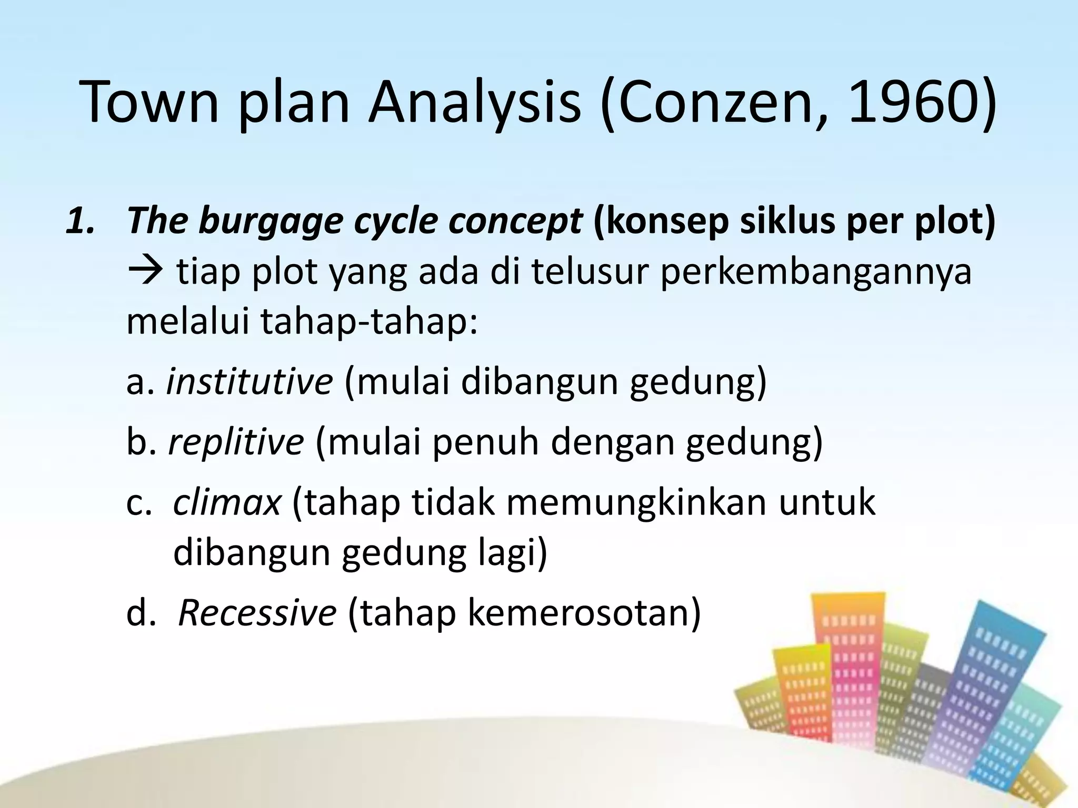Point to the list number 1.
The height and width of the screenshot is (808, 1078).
coord(82,221)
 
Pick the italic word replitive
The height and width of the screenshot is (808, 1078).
coord(236,442)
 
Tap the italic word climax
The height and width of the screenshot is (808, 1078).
coord(227,502)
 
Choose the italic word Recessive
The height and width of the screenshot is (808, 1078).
coord(257,613)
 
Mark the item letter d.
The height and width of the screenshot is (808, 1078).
coord(138,613)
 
